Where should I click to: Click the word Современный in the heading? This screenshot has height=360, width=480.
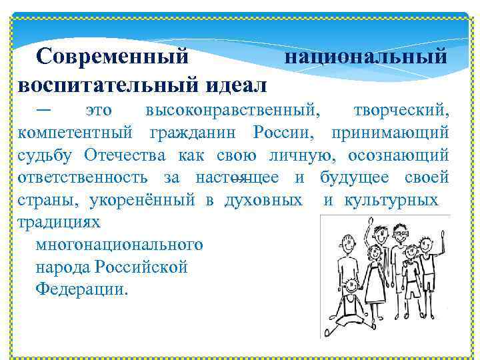[x=113, y=57]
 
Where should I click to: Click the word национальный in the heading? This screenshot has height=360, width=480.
[x=366, y=57]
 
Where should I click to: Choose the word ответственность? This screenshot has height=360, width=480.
[x=83, y=178]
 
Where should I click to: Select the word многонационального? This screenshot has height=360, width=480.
[x=119, y=245]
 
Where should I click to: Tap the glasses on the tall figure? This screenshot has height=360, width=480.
[x=400, y=235]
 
